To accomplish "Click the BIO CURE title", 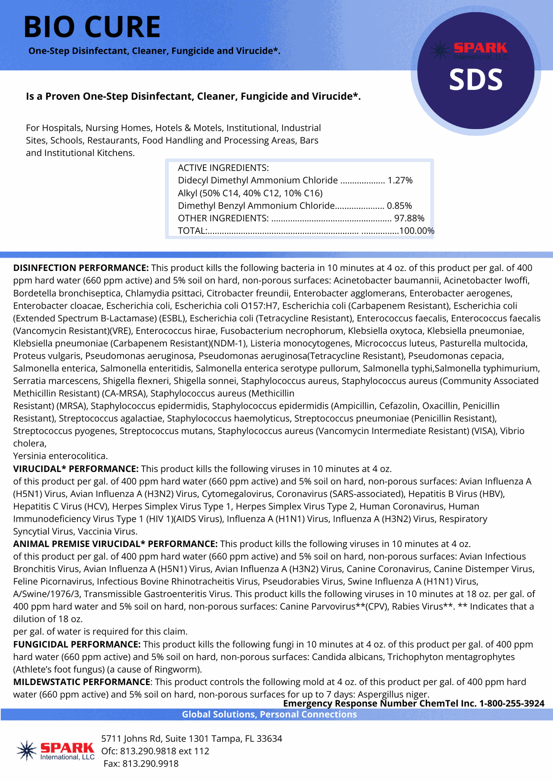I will point(92,27).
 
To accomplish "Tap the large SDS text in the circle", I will point(476,79).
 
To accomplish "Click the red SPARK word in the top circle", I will point(480,48).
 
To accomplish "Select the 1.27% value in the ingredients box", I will point(400,180).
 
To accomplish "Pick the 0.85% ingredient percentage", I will point(399,206).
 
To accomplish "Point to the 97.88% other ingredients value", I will point(409,218).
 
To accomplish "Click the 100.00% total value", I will point(417,231).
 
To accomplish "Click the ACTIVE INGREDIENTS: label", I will point(223,168).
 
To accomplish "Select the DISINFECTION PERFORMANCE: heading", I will point(81,268).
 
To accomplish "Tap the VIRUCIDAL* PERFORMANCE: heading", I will point(76,469).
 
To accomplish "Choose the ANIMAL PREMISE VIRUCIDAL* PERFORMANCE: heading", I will point(115,544).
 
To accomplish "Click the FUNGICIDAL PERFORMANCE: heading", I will point(77,644).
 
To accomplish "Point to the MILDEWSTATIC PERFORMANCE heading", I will point(82,682).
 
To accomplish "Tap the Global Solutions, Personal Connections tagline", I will point(269,714).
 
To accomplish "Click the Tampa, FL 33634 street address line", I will point(192,738).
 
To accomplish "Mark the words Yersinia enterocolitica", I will point(60,456).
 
